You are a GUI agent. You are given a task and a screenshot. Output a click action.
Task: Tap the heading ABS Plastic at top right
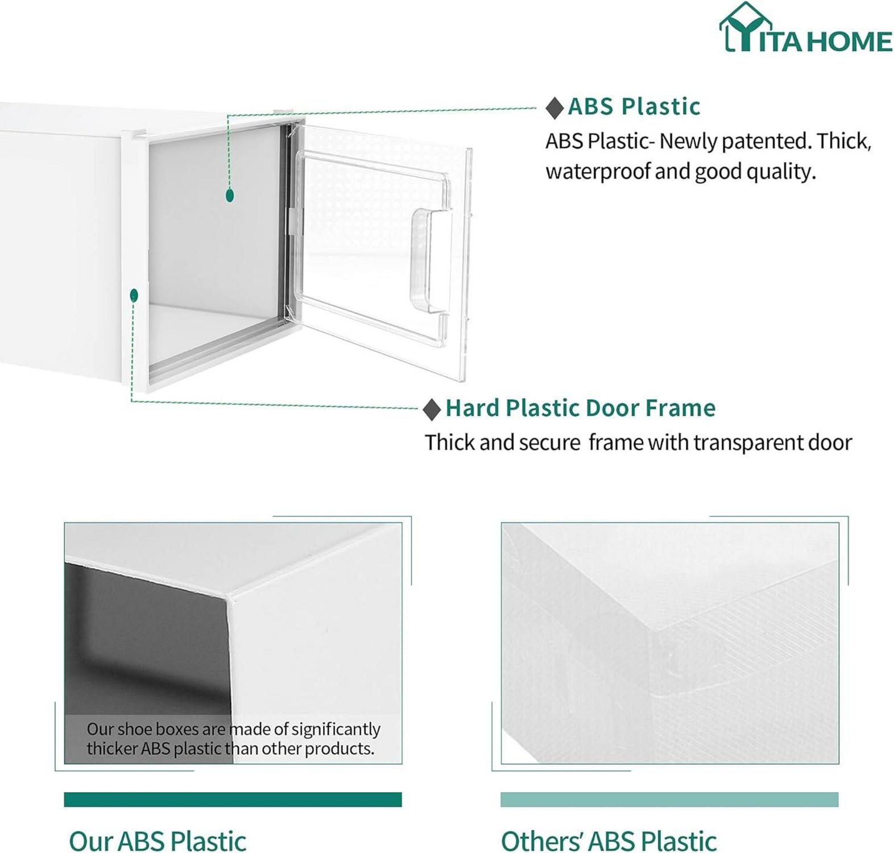634,106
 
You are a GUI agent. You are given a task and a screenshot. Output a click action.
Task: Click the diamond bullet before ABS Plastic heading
554,107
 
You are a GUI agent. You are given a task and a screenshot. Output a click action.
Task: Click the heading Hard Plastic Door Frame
580,408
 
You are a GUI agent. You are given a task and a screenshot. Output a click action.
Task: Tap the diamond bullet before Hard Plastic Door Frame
432,409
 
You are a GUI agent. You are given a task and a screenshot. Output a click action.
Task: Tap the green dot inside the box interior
230,196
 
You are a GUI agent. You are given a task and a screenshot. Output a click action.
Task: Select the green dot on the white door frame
134,295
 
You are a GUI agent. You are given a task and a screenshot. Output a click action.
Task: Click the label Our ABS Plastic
158,840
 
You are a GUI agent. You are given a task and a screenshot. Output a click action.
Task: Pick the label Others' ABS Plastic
609,840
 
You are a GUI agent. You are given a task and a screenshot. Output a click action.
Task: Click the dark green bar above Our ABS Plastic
233,799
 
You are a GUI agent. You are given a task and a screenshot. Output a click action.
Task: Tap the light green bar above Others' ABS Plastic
669,799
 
